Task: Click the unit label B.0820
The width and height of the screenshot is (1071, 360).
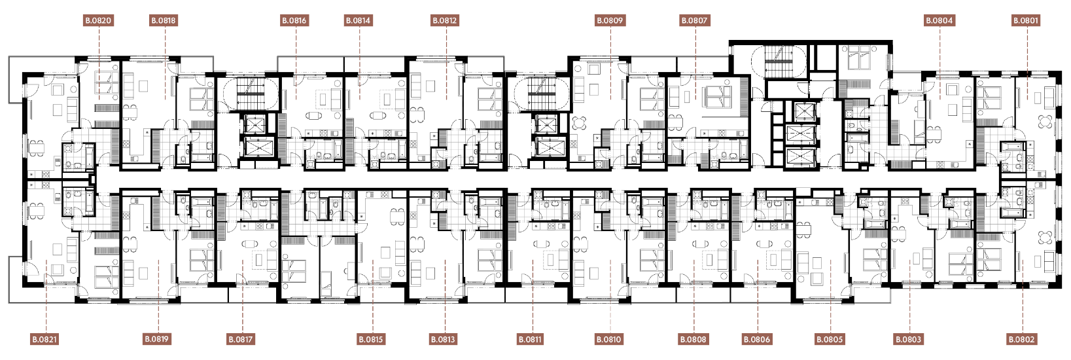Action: point(99,20)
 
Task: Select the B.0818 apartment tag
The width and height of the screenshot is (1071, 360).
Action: point(164,20)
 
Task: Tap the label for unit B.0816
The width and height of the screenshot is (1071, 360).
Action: point(294,20)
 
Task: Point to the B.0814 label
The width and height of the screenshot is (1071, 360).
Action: point(358,20)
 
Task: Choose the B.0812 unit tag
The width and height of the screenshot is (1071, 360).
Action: point(445,20)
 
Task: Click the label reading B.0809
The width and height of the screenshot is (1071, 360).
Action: point(610,20)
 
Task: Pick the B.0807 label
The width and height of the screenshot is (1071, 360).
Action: point(694,20)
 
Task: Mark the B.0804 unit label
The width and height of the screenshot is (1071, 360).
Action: point(939,20)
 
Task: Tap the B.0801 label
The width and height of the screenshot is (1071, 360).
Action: point(1026,20)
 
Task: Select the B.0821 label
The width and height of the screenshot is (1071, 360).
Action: point(44,340)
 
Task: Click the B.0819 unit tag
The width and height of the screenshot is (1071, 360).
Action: point(157,339)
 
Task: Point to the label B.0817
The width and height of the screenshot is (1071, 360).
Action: point(241,340)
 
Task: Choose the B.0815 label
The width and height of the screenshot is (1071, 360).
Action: point(371,340)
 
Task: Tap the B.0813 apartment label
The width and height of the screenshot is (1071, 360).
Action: point(443,340)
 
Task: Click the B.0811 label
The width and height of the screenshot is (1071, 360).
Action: point(530,340)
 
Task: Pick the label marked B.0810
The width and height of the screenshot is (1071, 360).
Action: point(609,340)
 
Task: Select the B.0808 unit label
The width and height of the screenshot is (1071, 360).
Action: point(694,340)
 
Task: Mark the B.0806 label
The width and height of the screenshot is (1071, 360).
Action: point(757,340)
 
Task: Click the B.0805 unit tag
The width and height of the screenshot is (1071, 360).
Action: point(830,340)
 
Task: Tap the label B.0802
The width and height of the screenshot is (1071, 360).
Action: point(1022,340)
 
